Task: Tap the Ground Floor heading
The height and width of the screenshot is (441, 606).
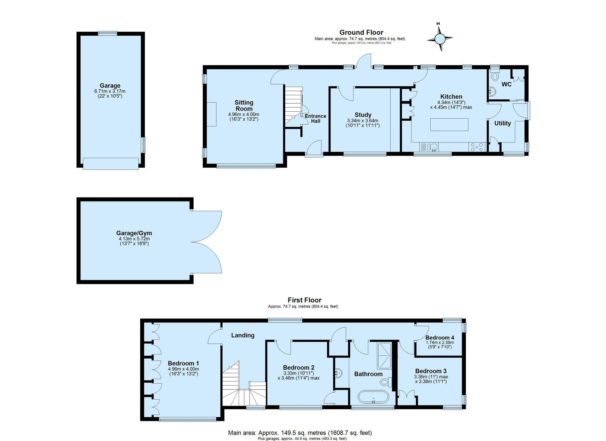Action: coord(361,32)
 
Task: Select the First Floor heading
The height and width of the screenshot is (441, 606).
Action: coord(305,300)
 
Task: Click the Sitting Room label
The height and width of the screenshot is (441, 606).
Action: coord(244,106)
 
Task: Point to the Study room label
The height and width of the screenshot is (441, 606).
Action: coord(363,115)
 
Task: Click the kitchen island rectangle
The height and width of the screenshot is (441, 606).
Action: coord(449,125)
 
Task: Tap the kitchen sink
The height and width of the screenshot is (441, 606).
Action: coord(433,147)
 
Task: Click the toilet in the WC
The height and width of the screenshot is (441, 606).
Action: coord(495,76)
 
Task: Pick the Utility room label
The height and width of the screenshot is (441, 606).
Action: coord(502,123)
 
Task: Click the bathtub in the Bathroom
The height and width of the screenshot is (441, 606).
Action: coord(373,397)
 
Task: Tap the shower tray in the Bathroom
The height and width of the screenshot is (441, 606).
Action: coord(384,356)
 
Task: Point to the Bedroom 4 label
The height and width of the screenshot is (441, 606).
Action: coord(440,338)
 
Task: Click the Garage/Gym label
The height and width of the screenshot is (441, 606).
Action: coord(134,233)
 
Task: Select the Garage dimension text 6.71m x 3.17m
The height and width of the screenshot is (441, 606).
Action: coord(110,91)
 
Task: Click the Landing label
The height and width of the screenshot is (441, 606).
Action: coord(243,335)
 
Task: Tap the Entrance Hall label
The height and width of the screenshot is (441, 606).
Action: coord(315,119)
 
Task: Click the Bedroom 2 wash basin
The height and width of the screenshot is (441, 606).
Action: coord(338,373)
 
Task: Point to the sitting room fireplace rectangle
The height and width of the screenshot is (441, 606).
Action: coord(212,114)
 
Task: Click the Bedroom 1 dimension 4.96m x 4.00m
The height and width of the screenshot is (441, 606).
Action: coord(183,369)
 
